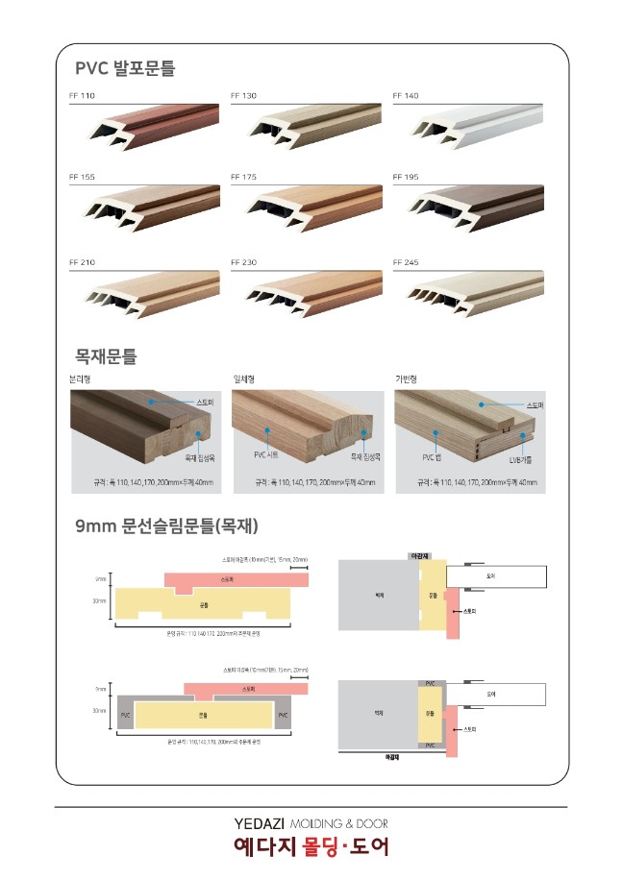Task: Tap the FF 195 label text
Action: (406, 178)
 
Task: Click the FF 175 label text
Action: (244, 178)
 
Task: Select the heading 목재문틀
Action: (106, 357)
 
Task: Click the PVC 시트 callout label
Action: (266, 454)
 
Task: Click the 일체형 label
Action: (243, 379)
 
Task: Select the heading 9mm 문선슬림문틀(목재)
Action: (166, 526)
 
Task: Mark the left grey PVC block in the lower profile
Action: (125, 716)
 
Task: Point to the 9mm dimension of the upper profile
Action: (100, 579)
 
